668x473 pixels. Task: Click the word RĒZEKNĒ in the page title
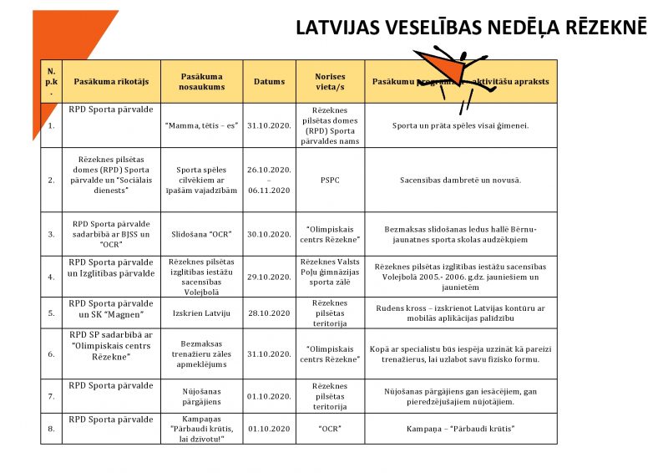(x=600, y=28)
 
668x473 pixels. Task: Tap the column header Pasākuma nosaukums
(x=201, y=82)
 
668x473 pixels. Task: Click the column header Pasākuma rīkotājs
(x=111, y=82)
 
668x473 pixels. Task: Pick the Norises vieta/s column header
(x=330, y=82)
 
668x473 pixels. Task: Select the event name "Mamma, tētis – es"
(x=201, y=125)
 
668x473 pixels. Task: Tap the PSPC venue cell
(x=330, y=180)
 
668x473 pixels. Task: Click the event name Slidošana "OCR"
(x=201, y=233)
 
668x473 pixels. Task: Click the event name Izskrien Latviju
(x=201, y=313)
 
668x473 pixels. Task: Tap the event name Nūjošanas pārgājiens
(x=201, y=395)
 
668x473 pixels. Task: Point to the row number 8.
(x=51, y=429)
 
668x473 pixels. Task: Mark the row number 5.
(x=51, y=313)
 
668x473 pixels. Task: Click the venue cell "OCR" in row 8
(x=330, y=429)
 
